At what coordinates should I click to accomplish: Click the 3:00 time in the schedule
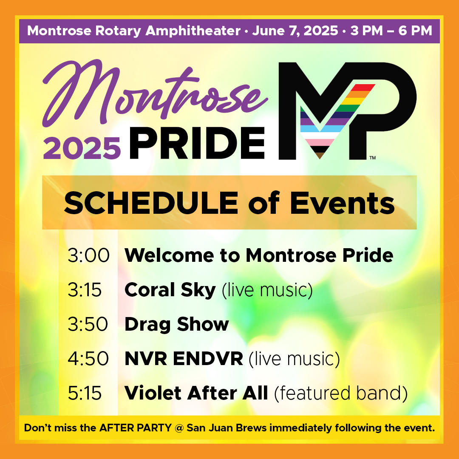pos(88,255)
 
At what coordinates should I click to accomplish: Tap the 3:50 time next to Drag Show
pos(88,324)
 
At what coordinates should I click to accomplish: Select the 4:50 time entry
pos(88,358)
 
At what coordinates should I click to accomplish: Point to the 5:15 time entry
pos(85,393)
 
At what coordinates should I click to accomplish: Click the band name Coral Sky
pos(170,290)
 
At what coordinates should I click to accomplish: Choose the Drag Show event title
pos(176,325)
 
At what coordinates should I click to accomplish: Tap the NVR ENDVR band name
pos(184,359)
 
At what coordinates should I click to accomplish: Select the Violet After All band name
pos(196,393)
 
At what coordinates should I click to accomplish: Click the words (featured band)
pos(341,393)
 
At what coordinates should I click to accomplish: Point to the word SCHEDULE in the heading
pos(151,203)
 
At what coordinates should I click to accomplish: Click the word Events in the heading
pos(342,203)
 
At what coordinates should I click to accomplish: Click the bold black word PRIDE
pos(197,143)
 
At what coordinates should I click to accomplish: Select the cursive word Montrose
pos(155,93)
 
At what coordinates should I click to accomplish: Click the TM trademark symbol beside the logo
pos(372,158)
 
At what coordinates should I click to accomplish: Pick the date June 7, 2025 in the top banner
pos(295,31)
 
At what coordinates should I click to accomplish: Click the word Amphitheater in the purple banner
pos(193,31)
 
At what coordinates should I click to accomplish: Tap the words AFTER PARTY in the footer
pos(135,428)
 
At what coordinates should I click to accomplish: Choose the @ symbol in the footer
pos(179,428)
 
